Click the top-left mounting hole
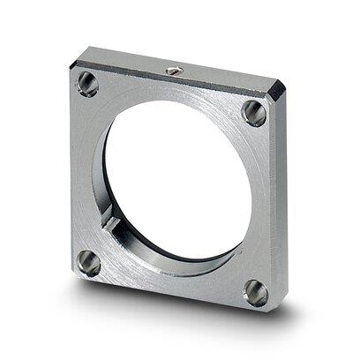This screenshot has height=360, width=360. [x=87, y=84]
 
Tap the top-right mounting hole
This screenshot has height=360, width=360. [x=254, y=112]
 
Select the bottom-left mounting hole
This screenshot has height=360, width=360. [x=88, y=262]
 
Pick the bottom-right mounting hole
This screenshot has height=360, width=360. [x=255, y=291]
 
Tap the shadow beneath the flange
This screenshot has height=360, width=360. [x=176, y=325]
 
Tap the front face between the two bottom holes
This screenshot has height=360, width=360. [x=172, y=284]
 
